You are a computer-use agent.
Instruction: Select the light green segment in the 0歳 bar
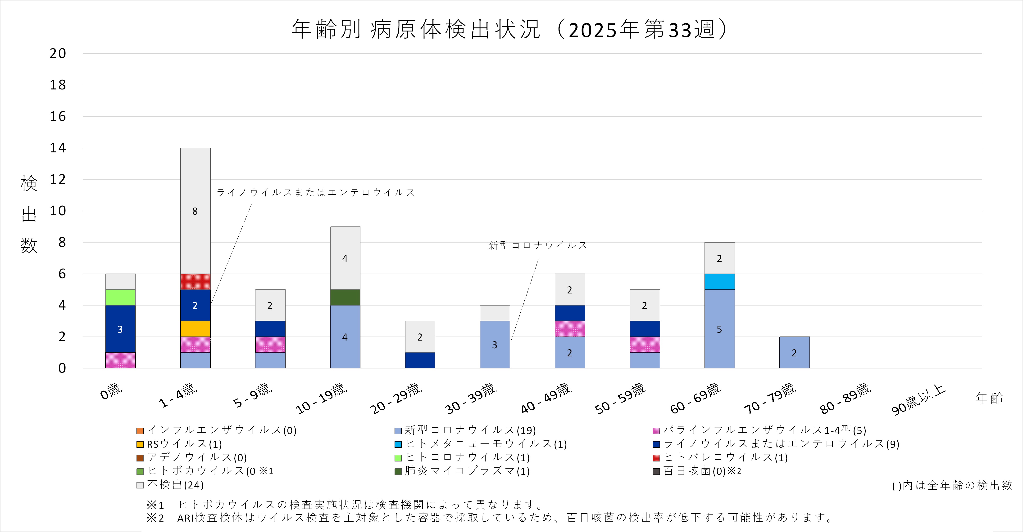click(x=120, y=297)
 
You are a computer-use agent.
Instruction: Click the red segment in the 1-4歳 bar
click(x=196, y=282)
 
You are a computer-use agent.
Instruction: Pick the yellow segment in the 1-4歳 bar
click(x=196, y=329)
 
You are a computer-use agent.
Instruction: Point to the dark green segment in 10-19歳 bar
click(x=345, y=297)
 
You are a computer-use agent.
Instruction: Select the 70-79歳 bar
click(x=794, y=352)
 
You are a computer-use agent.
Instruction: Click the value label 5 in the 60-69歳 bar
click(x=719, y=329)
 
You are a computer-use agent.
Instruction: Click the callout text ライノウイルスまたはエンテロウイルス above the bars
click(x=316, y=192)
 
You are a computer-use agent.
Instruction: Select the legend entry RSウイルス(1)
click(x=184, y=444)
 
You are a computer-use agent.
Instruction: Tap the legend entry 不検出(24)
click(x=175, y=485)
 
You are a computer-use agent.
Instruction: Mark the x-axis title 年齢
click(x=989, y=398)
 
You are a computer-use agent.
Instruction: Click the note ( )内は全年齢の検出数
click(x=952, y=485)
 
